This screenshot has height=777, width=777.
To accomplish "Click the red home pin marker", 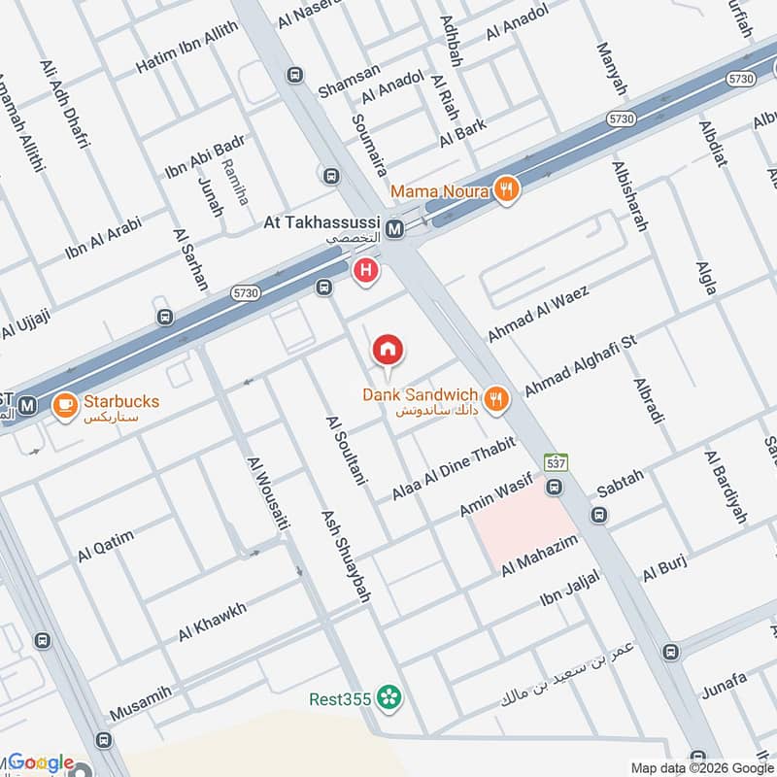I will coord(388,350).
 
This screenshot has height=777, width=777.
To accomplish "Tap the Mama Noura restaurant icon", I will coord(504,189).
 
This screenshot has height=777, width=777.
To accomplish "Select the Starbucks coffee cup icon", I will coord(65,403).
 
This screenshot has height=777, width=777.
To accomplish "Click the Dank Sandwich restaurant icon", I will coord(496,397).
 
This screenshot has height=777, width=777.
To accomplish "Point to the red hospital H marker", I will coord(366,270).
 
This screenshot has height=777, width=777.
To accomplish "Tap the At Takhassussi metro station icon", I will coord(394,230).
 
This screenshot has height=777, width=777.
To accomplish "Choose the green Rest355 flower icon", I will coord(390,696).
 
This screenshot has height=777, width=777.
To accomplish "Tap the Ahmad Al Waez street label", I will coord(525,312).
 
